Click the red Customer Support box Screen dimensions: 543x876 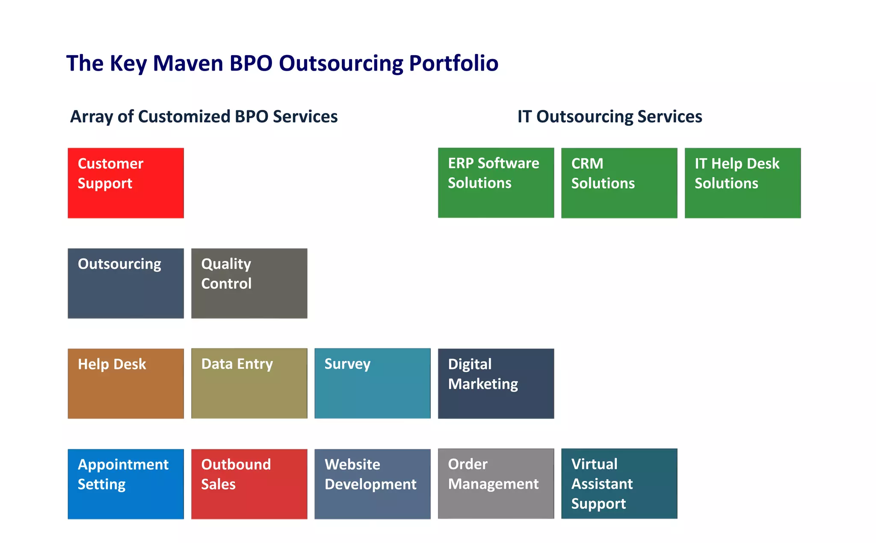[x=126, y=183]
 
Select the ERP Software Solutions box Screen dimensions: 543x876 [x=496, y=183]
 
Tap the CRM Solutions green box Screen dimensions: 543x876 [x=619, y=183]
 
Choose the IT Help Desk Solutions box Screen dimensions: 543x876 [x=743, y=183]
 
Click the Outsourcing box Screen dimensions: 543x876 [x=126, y=283]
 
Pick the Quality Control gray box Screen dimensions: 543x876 [x=249, y=283]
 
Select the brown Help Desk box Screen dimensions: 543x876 [x=126, y=383]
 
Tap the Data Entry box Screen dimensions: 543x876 [x=249, y=383]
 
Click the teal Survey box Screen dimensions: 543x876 [x=372, y=383]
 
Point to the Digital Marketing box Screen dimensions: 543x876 [x=496, y=383]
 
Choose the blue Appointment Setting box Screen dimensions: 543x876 [x=126, y=484]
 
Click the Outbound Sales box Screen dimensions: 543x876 [x=249, y=484]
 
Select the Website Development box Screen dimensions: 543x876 [x=372, y=484]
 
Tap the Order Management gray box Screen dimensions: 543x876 [x=496, y=484]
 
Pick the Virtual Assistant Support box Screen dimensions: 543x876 [x=619, y=484]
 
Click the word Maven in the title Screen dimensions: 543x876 [x=188, y=63]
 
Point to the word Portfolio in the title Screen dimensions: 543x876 [x=453, y=63]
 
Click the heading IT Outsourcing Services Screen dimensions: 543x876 [x=610, y=116]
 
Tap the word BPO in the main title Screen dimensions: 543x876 [x=251, y=63]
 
